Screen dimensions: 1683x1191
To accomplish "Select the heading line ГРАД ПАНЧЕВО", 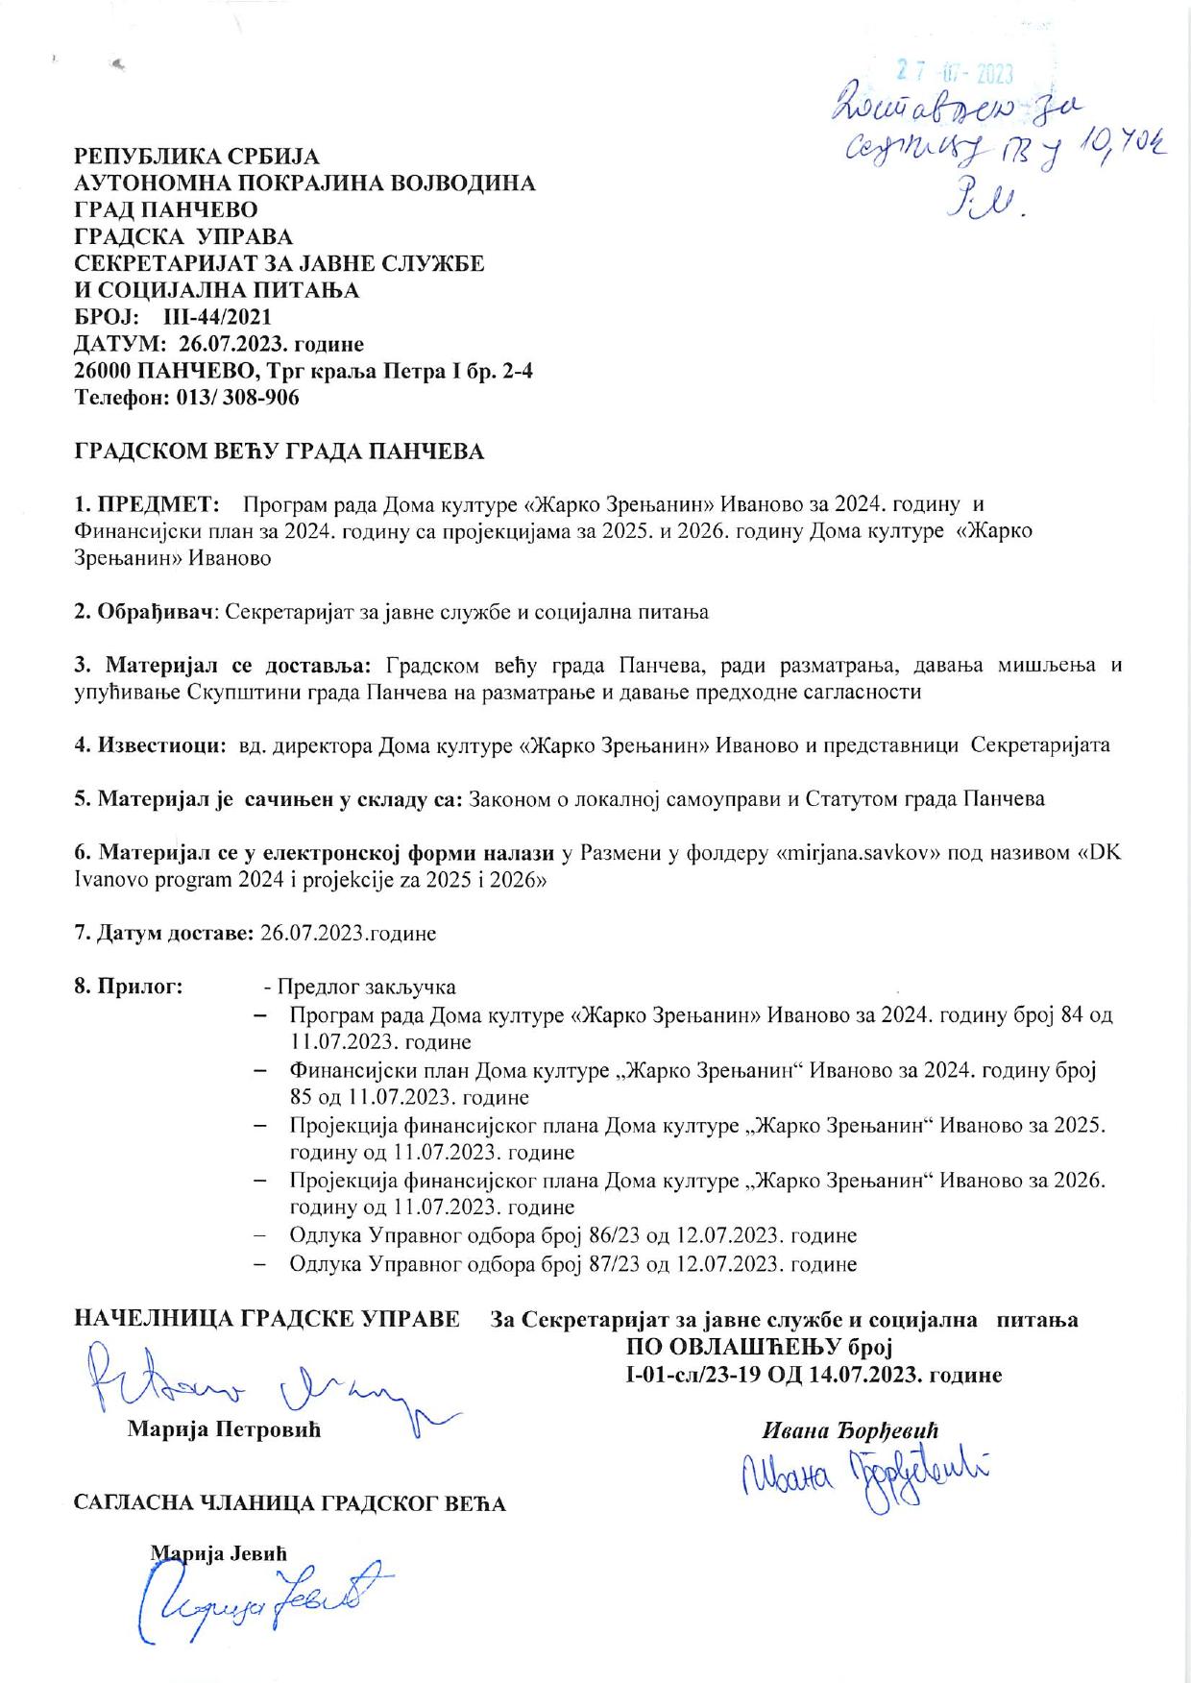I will click(165, 208).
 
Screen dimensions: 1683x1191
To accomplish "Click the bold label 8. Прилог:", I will click(129, 987).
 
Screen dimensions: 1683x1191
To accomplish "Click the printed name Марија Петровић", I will click(224, 1429).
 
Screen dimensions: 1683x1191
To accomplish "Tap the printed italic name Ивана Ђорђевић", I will click(849, 1429).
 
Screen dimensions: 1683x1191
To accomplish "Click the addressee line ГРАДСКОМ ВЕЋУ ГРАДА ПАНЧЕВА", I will click(280, 451).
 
